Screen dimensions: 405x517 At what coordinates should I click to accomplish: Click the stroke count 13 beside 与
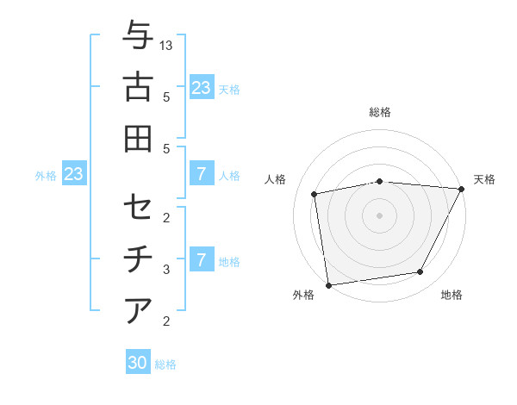coord(167,46)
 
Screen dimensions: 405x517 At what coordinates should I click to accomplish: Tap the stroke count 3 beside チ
coord(166,270)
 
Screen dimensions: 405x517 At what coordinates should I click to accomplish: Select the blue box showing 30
coord(138,363)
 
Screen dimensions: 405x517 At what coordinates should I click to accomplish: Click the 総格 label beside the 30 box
coord(166,364)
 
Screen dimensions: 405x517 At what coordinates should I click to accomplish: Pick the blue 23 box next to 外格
coord(74,175)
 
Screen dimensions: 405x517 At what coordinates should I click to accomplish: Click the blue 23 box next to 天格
coord(201,87)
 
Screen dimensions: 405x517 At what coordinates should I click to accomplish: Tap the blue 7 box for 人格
coord(201,174)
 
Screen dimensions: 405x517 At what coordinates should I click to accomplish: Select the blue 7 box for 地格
coord(201,259)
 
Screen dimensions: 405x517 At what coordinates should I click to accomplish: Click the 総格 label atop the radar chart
coord(380,112)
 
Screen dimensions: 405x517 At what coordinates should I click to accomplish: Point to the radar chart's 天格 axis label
coord(484,179)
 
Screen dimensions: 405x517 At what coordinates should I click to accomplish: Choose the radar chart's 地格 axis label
coord(452,296)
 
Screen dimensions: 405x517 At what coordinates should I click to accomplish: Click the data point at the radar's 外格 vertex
coord(328,284)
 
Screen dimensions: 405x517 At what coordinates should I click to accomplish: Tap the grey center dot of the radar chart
coord(380,215)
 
